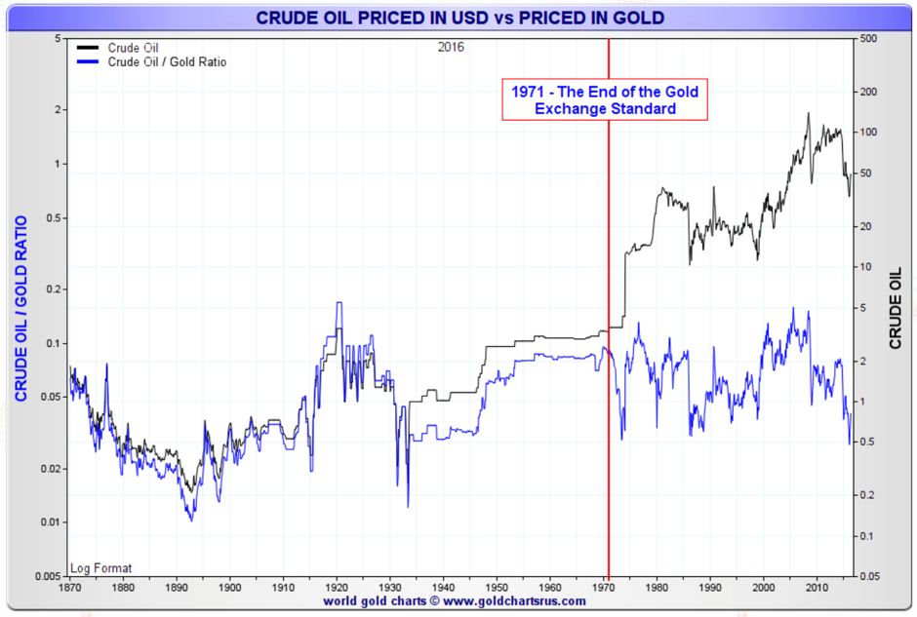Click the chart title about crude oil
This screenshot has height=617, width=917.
pos(458,17)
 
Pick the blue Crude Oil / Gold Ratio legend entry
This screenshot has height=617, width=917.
pos(167,61)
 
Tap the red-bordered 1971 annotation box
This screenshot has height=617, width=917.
pos(605,100)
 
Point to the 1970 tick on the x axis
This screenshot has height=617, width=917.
pos(603,588)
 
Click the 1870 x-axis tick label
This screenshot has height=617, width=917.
pos(69,588)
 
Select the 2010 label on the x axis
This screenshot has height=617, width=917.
pos(817,588)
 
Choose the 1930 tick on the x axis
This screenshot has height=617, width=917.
pos(389,588)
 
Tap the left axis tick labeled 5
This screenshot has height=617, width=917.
pos(58,39)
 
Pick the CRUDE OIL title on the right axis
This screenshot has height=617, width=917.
pos(896,309)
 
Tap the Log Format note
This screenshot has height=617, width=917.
pos(101,567)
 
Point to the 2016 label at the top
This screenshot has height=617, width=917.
pos(452,47)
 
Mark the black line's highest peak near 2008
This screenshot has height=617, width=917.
pos(808,113)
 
